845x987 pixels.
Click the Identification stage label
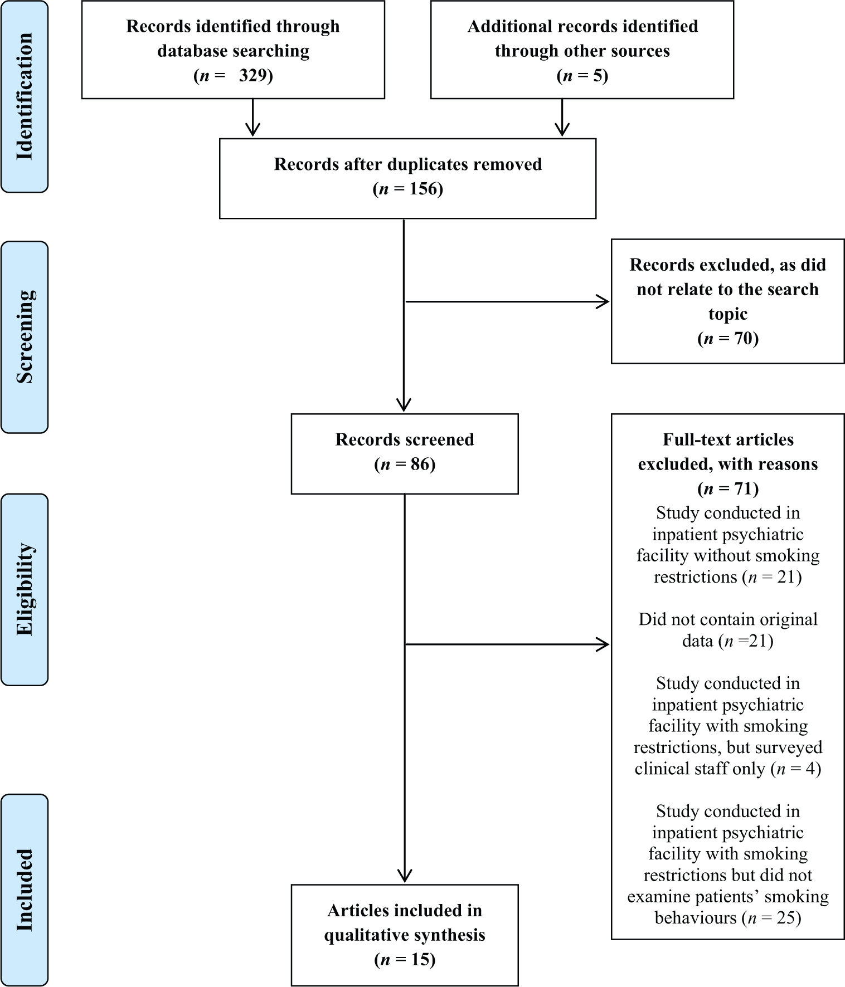click(x=25, y=96)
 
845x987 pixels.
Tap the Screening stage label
click(x=25, y=337)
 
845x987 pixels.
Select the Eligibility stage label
click(x=25, y=589)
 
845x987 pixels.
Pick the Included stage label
click(x=25, y=890)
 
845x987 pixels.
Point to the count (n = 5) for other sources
click(x=582, y=75)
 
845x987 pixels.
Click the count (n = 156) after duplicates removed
click(x=407, y=189)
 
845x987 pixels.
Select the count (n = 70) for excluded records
click(x=728, y=338)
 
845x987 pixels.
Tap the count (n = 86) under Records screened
click(x=405, y=464)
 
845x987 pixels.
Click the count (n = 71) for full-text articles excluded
click(x=728, y=488)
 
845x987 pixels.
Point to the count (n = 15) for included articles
click(x=405, y=960)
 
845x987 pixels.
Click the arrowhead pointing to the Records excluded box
click(x=604, y=302)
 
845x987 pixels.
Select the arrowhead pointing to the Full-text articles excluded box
click(x=604, y=644)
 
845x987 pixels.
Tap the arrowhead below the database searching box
click(x=253, y=130)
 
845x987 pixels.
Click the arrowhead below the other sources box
click(x=562, y=130)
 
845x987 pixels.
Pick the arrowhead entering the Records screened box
click(x=404, y=405)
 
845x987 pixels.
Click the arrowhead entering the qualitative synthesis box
click(x=405, y=876)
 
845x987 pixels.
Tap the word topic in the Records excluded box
click(x=728, y=314)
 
